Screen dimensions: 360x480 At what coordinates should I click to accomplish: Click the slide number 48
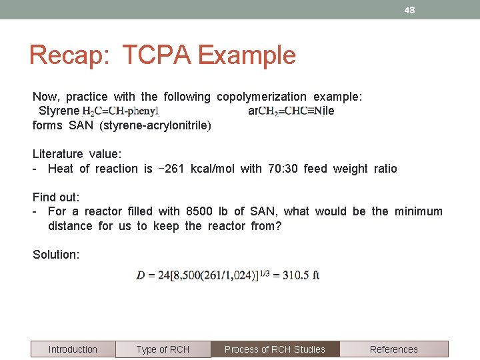point(409,10)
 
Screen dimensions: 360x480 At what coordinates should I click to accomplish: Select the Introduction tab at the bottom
point(73,349)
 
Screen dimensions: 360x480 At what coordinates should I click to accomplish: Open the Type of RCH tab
point(163,349)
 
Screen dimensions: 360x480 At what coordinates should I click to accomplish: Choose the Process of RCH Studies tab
point(275,349)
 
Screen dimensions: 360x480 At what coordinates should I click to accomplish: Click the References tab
point(393,349)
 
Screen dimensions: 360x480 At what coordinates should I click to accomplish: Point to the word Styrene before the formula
point(59,111)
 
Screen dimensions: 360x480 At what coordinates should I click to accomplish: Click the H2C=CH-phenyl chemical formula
point(121,111)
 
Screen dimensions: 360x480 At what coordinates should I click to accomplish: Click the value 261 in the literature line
point(175,169)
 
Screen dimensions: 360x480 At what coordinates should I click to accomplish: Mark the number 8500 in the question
point(199,211)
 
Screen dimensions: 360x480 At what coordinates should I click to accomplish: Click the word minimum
point(418,211)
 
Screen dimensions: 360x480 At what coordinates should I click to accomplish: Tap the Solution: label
point(56,254)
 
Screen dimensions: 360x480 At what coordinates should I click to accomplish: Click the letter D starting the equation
point(141,275)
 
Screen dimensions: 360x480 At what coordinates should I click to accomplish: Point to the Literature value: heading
point(77,154)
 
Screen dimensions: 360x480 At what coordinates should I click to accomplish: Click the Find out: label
point(56,197)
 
